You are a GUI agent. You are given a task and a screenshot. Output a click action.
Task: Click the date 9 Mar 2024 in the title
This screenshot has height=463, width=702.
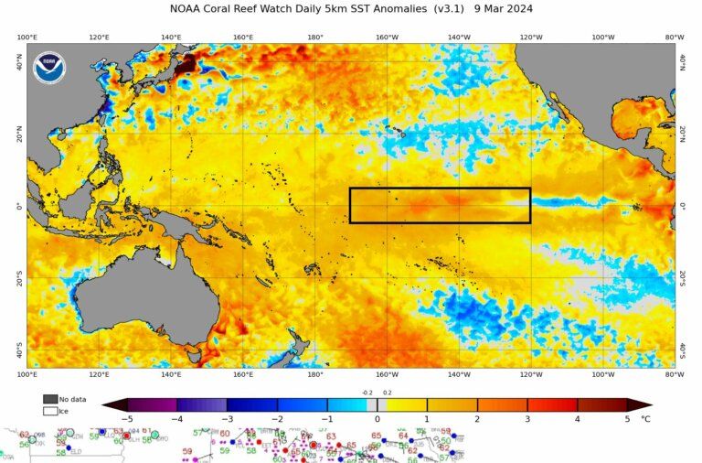502,9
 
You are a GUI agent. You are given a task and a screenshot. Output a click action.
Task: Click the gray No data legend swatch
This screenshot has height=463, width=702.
50,399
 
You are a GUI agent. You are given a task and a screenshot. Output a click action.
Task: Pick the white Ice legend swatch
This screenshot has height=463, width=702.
50,411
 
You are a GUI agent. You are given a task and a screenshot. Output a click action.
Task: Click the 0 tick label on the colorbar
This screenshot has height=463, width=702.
378,418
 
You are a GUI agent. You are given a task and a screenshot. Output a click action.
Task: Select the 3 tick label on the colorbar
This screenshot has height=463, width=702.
527,418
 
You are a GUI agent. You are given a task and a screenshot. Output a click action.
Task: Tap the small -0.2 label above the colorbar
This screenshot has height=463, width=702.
367,393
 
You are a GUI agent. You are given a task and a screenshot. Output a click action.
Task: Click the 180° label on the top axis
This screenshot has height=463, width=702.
315,38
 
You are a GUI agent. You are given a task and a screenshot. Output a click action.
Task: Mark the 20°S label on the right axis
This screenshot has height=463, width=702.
682,278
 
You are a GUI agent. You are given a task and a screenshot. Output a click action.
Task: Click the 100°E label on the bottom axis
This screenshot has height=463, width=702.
27,374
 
